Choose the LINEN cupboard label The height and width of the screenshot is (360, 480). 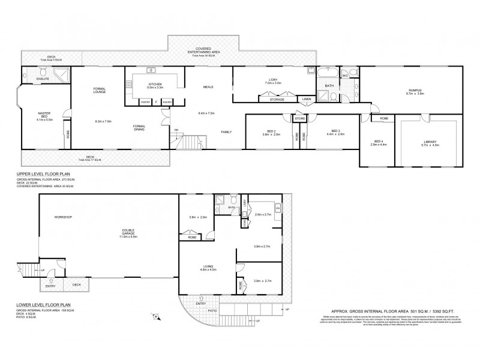(x=306, y=98)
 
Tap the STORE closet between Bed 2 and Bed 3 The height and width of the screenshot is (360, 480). (x=299, y=119)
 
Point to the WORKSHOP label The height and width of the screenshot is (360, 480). (x=63, y=217)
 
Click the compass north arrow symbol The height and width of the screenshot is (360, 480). (x=155, y=316)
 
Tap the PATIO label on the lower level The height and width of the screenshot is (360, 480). (x=211, y=310)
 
